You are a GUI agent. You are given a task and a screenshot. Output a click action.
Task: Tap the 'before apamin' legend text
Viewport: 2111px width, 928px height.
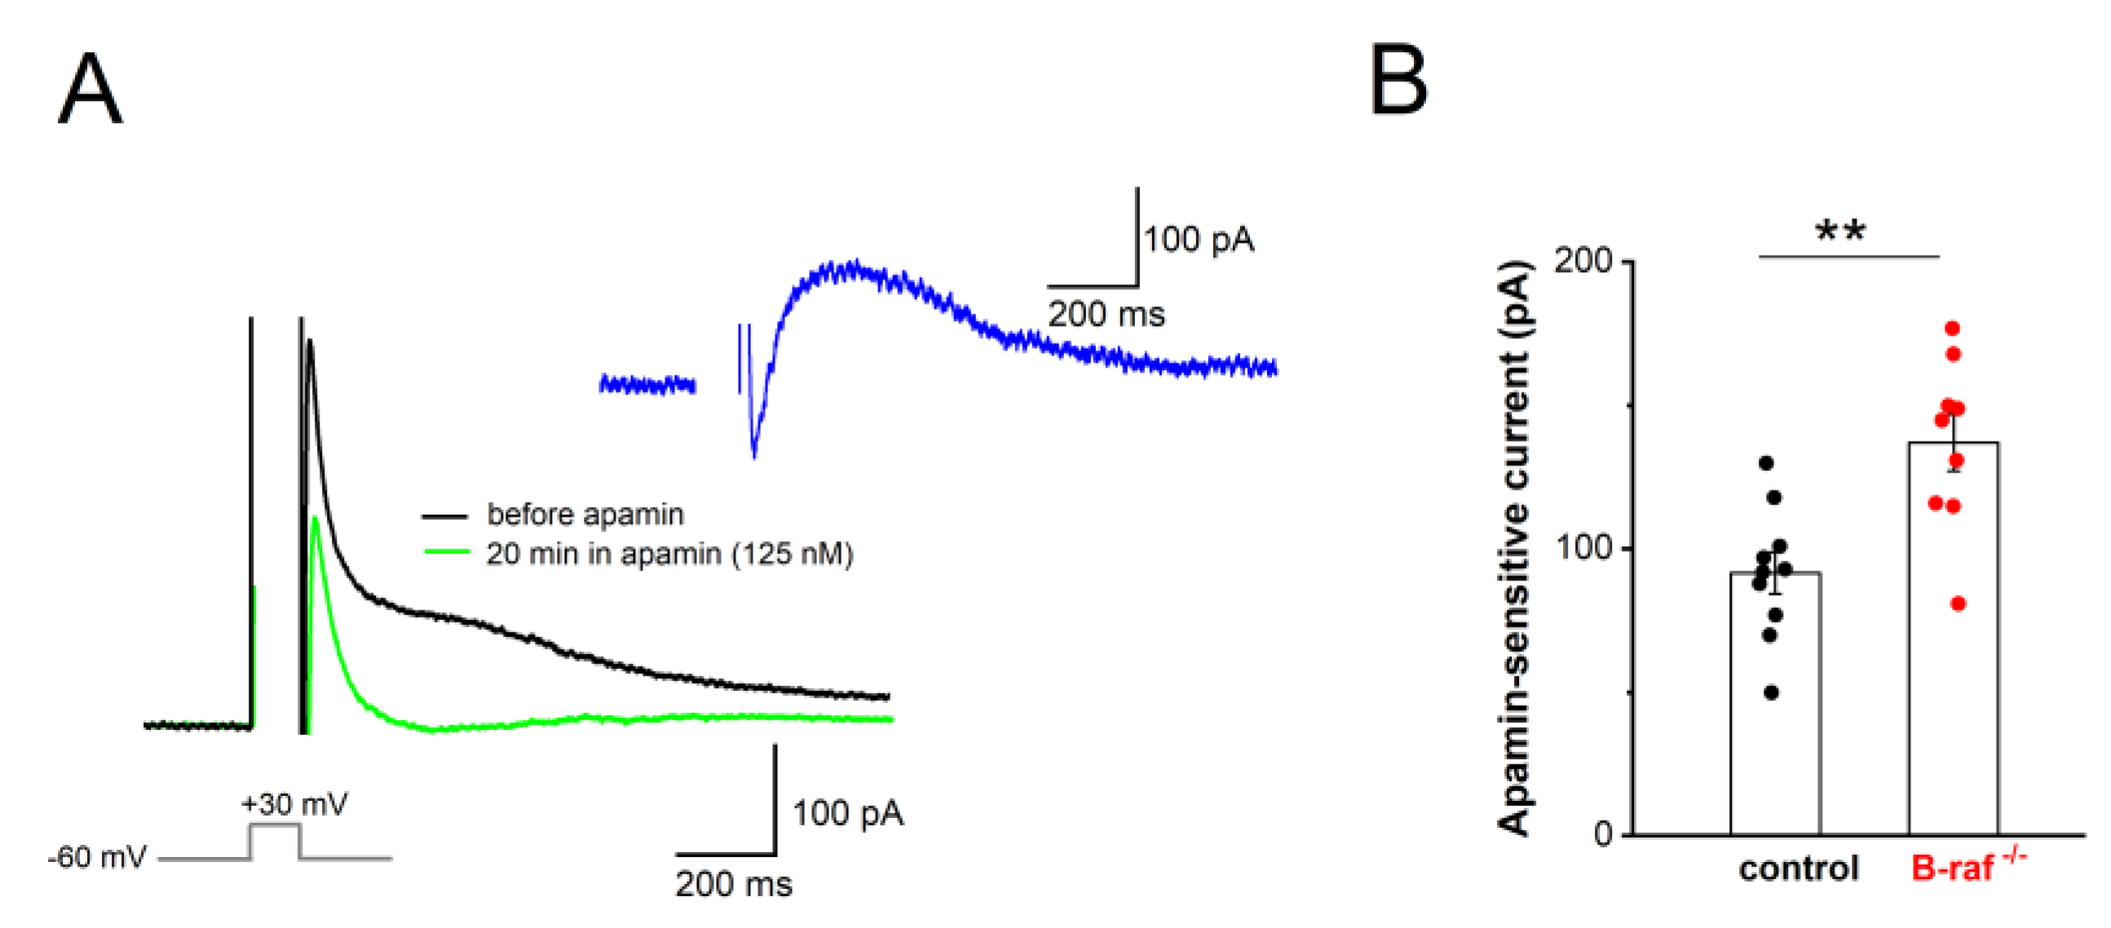coord(585,514)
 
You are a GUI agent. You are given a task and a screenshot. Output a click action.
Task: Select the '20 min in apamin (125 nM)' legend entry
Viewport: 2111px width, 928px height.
coord(669,555)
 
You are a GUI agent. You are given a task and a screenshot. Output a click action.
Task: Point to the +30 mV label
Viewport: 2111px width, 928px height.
coord(294,803)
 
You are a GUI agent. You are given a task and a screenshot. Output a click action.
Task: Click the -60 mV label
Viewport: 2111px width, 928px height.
coord(96,858)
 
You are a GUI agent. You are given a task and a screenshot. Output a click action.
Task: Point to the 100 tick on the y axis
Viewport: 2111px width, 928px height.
coord(1583,548)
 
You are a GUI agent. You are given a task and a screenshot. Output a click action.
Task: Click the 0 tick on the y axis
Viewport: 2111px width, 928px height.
coord(1602,834)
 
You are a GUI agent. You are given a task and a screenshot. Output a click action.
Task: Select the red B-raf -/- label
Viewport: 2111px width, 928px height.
coord(1967,867)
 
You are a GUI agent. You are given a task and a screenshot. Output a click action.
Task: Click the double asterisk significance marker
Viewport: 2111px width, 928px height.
coord(1840,231)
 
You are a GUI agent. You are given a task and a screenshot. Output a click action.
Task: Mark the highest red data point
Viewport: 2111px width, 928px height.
coord(1952,328)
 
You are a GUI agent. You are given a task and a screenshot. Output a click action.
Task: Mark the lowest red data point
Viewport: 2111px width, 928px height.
coord(1958,605)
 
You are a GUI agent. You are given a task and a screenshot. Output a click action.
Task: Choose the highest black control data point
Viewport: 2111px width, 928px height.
coord(1766,464)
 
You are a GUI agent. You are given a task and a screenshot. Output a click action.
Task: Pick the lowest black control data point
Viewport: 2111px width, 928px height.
coord(1771,693)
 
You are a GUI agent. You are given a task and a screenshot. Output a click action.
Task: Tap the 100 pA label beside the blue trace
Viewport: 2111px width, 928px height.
coord(1198,240)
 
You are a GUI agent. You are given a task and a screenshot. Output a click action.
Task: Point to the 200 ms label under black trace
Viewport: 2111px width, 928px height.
coord(734,885)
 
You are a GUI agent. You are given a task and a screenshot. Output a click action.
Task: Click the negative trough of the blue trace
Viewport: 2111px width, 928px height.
coord(754,452)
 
